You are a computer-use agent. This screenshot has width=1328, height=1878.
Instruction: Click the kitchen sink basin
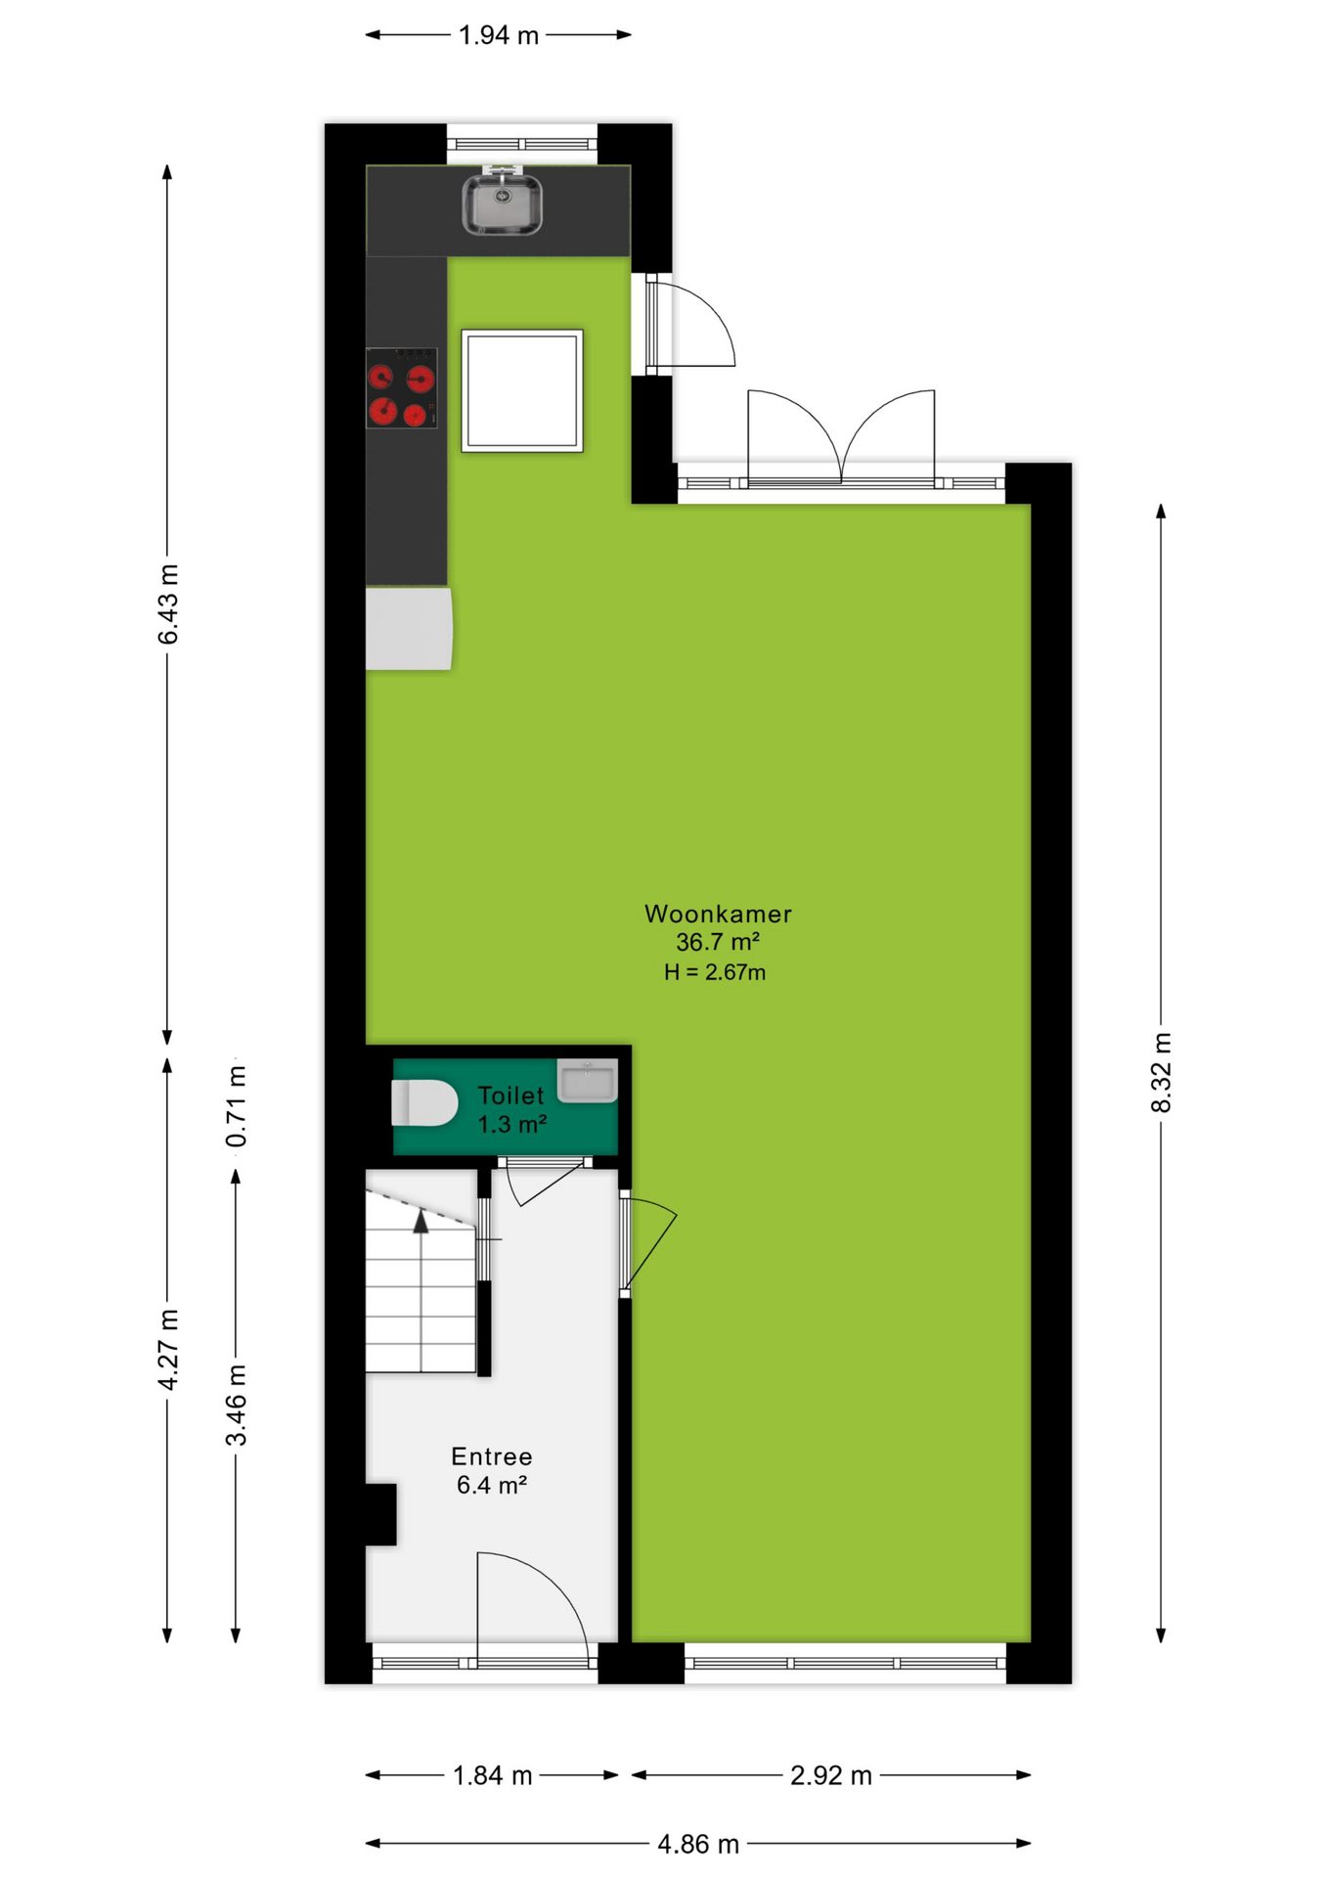pyautogui.click(x=502, y=203)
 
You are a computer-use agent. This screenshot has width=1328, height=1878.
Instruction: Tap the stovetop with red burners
pyautogui.click(x=402, y=388)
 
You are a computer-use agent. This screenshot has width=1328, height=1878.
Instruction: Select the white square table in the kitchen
pyautogui.click(x=522, y=390)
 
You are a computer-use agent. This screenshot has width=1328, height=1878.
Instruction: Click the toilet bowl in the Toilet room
pyautogui.click(x=424, y=1103)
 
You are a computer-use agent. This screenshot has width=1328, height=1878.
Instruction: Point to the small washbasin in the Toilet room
pyautogui.click(x=587, y=1081)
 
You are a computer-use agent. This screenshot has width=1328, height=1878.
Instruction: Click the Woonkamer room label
pyautogui.click(x=718, y=915)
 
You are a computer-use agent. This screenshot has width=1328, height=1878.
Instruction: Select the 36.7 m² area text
pyautogui.click(x=718, y=942)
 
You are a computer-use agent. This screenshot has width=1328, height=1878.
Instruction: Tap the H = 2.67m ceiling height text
pyautogui.click(x=715, y=972)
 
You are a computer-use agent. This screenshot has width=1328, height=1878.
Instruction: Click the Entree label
pyautogui.click(x=492, y=1456)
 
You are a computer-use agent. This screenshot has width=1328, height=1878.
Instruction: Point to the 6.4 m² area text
pyautogui.click(x=492, y=1485)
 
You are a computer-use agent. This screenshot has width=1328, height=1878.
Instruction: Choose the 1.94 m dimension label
pyautogui.click(x=499, y=35)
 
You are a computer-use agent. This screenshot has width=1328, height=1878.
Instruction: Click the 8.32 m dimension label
pyautogui.click(x=1161, y=1072)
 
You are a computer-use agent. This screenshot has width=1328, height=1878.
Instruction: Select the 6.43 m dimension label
pyautogui.click(x=168, y=604)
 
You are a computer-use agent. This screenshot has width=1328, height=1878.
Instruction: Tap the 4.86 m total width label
pyautogui.click(x=698, y=1844)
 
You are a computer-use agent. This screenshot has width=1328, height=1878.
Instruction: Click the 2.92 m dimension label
pyautogui.click(x=831, y=1775)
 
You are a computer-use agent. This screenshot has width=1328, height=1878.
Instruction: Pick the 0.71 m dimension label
pyautogui.click(x=237, y=1105)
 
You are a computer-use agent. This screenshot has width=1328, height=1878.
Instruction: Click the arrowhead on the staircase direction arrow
pyautogui.click(x=421, y=1221)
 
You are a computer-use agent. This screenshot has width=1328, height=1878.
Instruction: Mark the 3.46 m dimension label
pyautogui.click(x=237, y=1405)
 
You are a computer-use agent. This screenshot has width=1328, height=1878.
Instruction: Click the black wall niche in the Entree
pyautogui.click(x=381, y=1514)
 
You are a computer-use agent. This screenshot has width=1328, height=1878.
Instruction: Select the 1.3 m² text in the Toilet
pyautogui.click(x=511, y=1125)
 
